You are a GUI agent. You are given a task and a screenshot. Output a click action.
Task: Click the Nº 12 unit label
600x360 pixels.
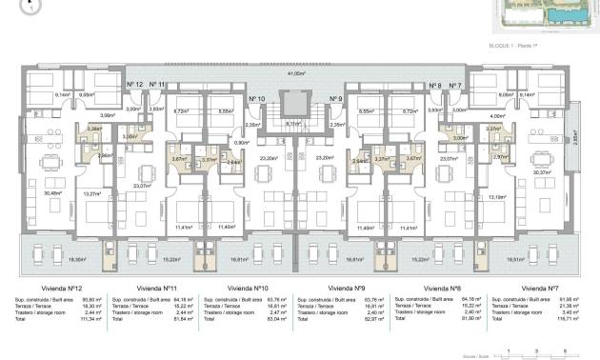[134, 85]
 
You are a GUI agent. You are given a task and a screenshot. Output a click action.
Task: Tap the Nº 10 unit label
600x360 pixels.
[256, 98]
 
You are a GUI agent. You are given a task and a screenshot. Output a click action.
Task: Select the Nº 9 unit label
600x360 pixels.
[335, 98]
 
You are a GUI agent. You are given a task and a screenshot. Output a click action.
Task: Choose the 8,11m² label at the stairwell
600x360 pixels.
[295, 123]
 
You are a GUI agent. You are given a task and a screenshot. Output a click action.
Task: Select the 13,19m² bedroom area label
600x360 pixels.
[497, 197]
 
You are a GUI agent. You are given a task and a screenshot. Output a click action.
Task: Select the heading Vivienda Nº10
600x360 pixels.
[248, 287]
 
